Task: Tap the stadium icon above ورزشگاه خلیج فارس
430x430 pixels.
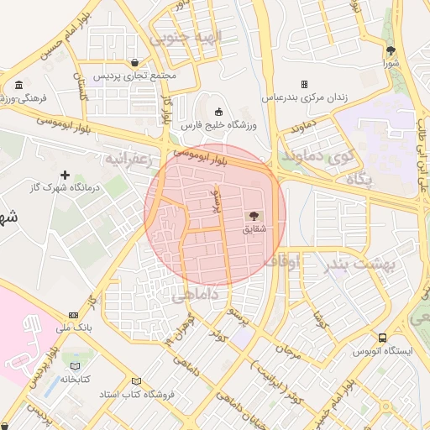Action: (218, 113)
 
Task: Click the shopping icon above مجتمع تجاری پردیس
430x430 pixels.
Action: (135, 62)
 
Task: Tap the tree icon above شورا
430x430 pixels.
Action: (390, 50)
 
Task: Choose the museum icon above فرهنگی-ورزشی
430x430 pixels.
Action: (18, 86)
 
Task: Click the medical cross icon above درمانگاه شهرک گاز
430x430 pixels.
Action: (64, 174)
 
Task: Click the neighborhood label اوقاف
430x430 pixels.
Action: (282, 262)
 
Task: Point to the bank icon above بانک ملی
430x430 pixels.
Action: (73, 316)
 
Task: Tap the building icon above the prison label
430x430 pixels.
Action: (304, 84)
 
